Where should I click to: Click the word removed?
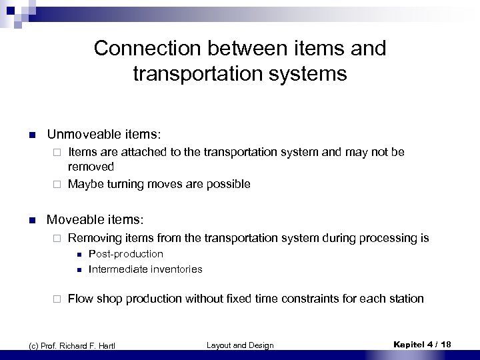point(91,167)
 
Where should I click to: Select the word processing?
point(390,238)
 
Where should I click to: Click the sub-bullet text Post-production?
point(125,254)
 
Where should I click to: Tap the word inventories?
point(177,269)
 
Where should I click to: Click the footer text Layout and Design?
point(239,345)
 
